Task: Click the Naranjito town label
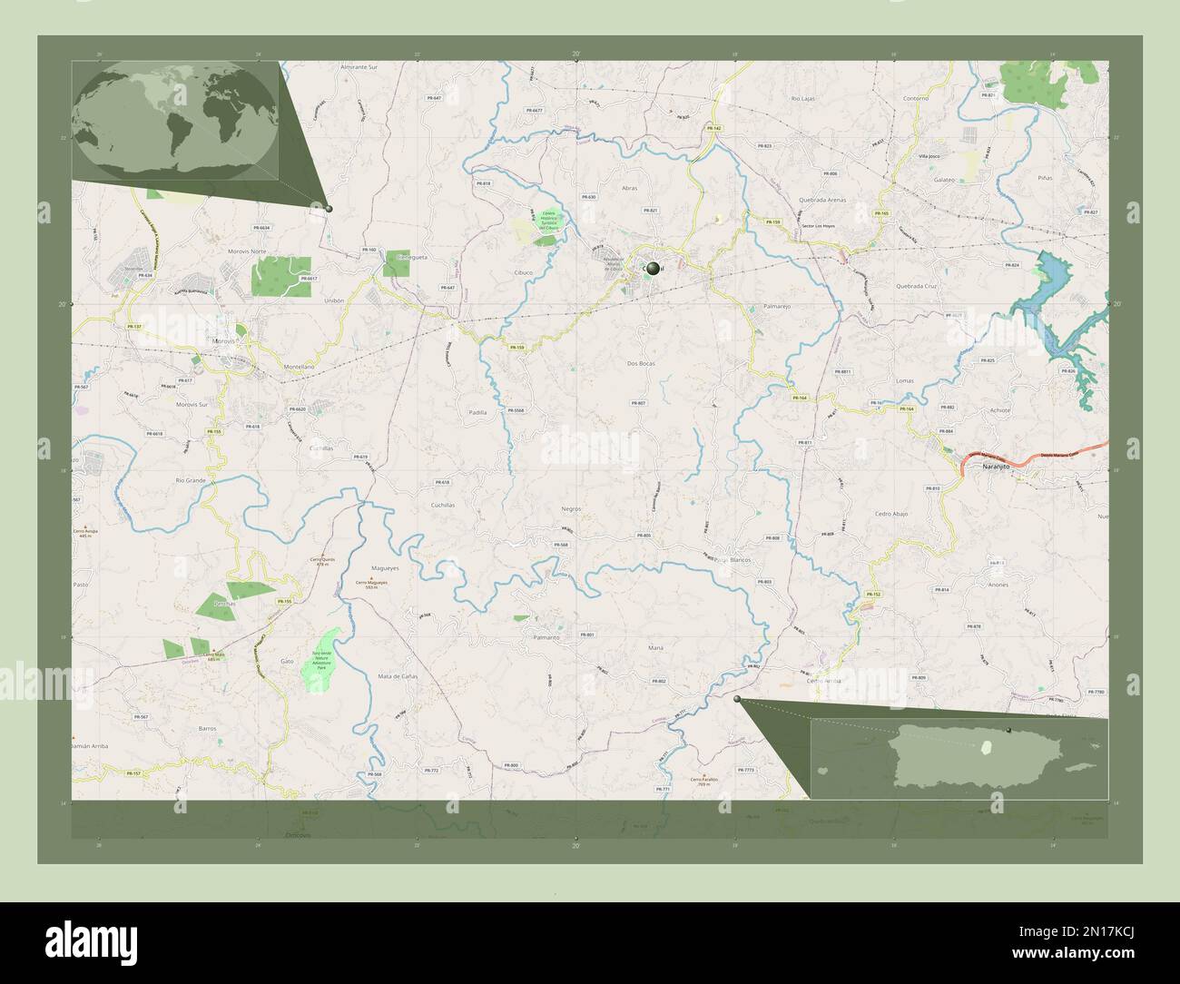(x=996, y=466)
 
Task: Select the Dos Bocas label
(x=641, y=363)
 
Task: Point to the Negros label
(x=571, y=509)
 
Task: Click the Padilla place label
(x=477, y=412)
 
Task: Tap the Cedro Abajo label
(x=891, y=514)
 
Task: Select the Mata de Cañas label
(x=398, y=677)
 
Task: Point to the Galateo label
(x=944, y=180)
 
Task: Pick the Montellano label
(x=299, y=366)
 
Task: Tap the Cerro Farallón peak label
(x=703, y=782)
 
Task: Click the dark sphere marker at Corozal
(x=653, y=269)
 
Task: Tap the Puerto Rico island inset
(x=959, y=759)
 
